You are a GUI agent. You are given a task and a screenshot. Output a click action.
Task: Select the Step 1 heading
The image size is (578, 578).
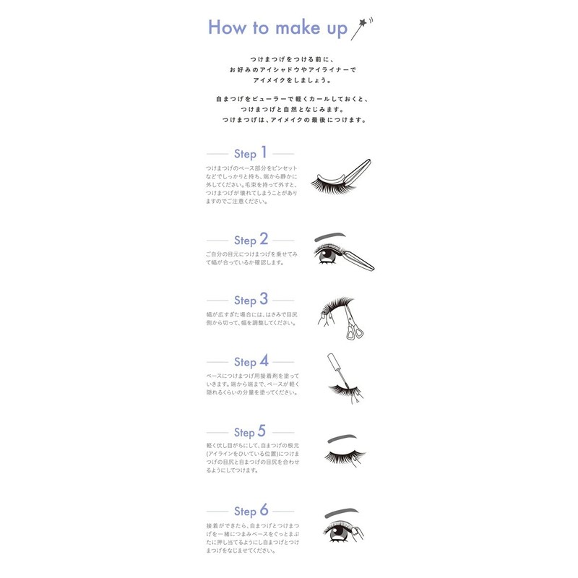(x=250, y=153)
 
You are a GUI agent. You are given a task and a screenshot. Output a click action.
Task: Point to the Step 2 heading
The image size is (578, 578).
(x=250, y=239)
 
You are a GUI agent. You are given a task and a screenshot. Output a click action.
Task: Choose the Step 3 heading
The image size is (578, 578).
(x=250, y=299)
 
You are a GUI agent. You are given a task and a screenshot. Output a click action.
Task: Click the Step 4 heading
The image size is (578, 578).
(x=250, y=361)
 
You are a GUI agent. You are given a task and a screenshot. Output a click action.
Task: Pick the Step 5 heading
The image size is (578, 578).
(x=250, y=431)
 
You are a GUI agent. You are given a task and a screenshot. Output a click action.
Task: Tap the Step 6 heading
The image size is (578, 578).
(x=250, y=511)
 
